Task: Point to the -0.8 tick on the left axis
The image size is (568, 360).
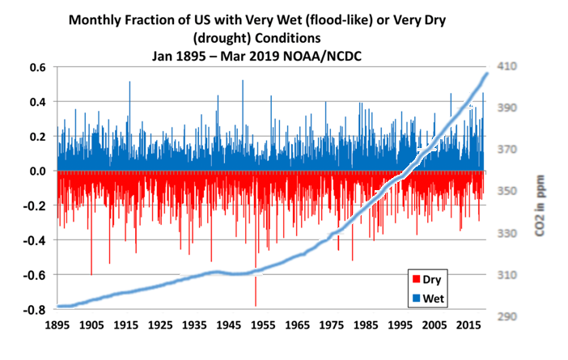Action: (x=36, y=309)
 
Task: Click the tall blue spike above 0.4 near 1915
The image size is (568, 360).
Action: (x=129, y=82)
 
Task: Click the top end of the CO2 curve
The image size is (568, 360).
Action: (x=486, y=74)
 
